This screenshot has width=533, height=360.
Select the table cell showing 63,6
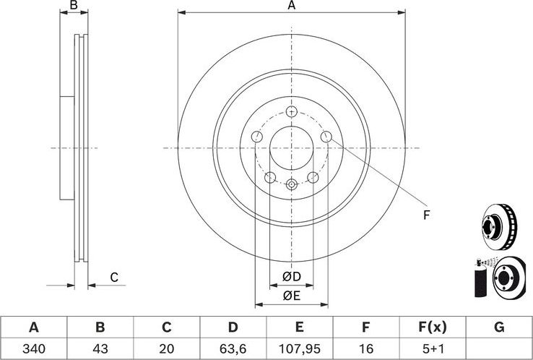click(232, 348)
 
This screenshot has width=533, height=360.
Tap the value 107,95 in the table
click(298, 348)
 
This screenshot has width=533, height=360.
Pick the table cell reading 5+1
click(432, 348)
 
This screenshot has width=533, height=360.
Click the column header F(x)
click(432, 327)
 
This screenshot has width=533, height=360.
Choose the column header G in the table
click(498, 327)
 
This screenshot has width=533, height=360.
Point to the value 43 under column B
click(100, 348)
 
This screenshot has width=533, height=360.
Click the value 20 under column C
click(165, 348)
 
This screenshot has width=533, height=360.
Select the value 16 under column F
click(365, 348)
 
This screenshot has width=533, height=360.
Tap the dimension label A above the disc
click(292, 6)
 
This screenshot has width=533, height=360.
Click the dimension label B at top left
click(73, 6)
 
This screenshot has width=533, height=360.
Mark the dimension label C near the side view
click(113, 277)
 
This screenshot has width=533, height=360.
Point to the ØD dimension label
click(291, 277)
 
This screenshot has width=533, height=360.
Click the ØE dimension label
click(291, 295)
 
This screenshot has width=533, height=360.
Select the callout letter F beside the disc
click(426, 214)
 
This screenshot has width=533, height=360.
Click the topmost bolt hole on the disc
click(291, 111)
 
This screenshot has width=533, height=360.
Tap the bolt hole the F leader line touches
click(326, 137)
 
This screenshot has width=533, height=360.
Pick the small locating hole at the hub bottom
click(291, 184)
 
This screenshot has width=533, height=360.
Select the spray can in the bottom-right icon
click(478, 280)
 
